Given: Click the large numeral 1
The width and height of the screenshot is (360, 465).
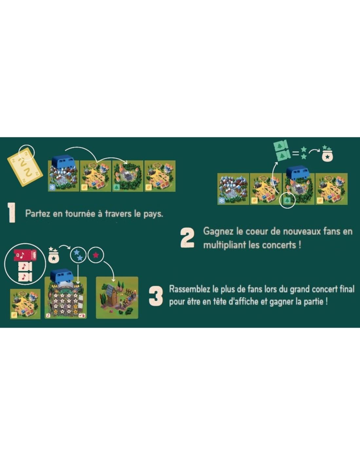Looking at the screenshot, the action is coord(11,213).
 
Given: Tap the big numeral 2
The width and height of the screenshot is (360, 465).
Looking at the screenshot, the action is coord(188,238).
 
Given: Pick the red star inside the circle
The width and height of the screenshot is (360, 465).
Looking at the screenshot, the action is coord(96,255).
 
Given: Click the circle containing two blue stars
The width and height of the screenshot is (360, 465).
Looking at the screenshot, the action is coord(79,255).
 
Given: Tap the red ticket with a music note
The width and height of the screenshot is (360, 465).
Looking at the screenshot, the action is coord(25,255).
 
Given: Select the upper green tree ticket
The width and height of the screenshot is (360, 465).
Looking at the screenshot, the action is coord(282,146).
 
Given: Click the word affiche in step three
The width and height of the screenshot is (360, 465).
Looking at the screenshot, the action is coord(244,302).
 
